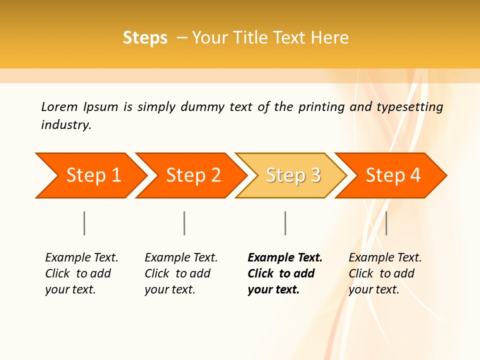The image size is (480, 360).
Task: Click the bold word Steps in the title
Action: [145, 38]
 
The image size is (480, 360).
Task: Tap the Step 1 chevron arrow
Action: [90, 175]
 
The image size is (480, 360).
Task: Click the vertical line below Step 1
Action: [84, 223]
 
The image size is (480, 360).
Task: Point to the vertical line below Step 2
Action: [184, 223]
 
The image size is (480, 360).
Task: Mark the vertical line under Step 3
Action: [285, 223]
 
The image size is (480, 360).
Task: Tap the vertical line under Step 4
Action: [386, 223]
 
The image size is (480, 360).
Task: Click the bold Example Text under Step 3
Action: [285, 273]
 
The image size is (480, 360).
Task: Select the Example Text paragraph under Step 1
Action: [81, 273]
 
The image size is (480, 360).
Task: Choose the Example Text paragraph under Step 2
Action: [181, 273]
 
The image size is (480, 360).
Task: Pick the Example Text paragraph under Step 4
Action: [385, 273]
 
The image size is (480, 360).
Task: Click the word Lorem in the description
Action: [59, 107]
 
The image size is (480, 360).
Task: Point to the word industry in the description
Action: [66, 125]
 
